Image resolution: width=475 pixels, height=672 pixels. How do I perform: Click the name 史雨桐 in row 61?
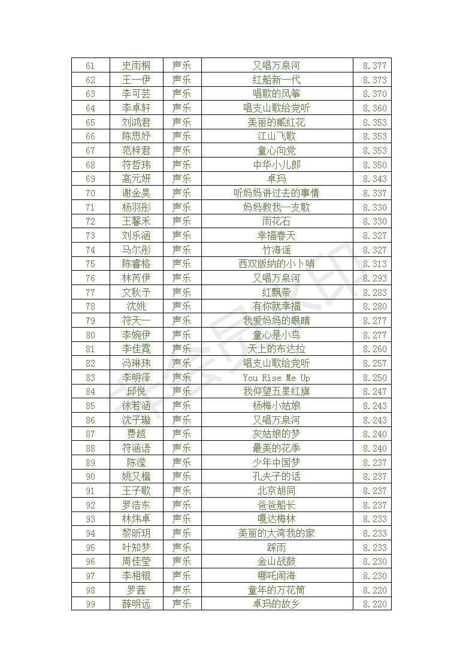136,65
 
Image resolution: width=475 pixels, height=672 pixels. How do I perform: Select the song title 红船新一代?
276,80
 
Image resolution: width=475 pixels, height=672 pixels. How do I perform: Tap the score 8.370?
374,94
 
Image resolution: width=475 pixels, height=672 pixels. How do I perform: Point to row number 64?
90,108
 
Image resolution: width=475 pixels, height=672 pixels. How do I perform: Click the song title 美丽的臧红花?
276,122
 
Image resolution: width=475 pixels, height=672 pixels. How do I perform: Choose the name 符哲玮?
136,165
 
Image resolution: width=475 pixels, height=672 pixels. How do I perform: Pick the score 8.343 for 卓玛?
374,179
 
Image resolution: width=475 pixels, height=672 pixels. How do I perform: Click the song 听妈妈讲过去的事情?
276,193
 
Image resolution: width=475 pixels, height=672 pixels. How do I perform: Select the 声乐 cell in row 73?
181,235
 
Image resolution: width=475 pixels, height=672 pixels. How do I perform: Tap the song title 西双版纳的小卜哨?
276,264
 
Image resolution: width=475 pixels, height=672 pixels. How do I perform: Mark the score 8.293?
374,278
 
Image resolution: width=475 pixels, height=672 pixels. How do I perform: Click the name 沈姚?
136,307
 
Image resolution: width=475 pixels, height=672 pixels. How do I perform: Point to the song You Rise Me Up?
276,377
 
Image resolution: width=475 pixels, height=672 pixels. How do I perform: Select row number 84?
90,392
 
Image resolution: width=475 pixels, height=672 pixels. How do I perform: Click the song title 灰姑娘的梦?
276,434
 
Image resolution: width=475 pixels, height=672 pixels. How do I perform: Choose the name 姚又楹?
136,477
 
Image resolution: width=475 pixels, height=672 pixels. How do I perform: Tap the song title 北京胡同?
276,491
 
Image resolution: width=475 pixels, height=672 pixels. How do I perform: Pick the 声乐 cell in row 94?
181,533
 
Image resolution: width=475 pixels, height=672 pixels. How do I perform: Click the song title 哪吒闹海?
276,576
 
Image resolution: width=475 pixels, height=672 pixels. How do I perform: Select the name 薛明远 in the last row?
136,604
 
